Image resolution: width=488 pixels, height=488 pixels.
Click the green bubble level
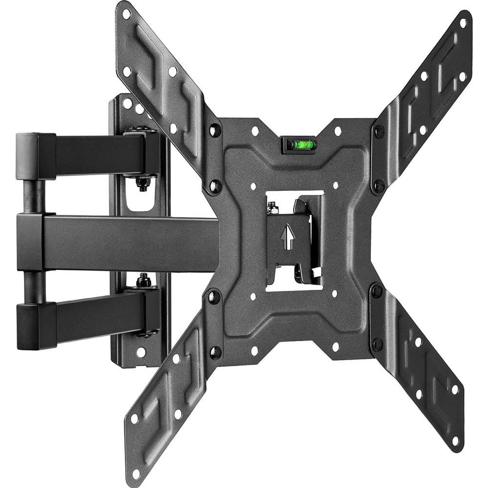point(299,144)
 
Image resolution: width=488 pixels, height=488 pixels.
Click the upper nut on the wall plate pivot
point(142,184)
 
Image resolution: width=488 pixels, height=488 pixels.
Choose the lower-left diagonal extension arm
point(166,401)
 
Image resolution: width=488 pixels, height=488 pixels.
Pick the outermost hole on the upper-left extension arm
point(126,14)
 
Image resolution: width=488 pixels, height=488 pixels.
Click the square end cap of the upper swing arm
point(34,156)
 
